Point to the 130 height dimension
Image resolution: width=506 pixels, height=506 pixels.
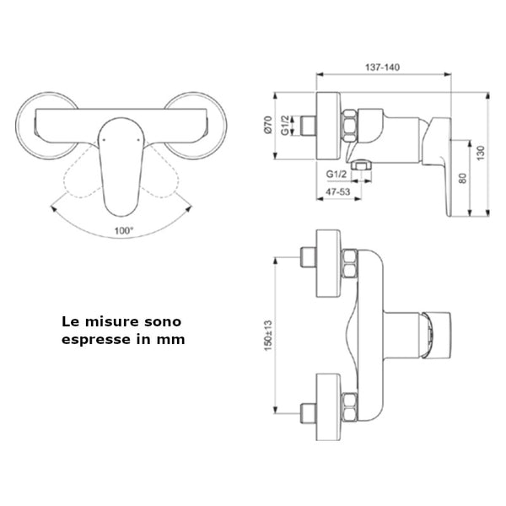point(481,153)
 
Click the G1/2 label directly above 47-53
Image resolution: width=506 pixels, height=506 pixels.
point(337,176)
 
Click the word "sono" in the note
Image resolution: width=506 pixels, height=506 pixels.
point(164,321)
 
